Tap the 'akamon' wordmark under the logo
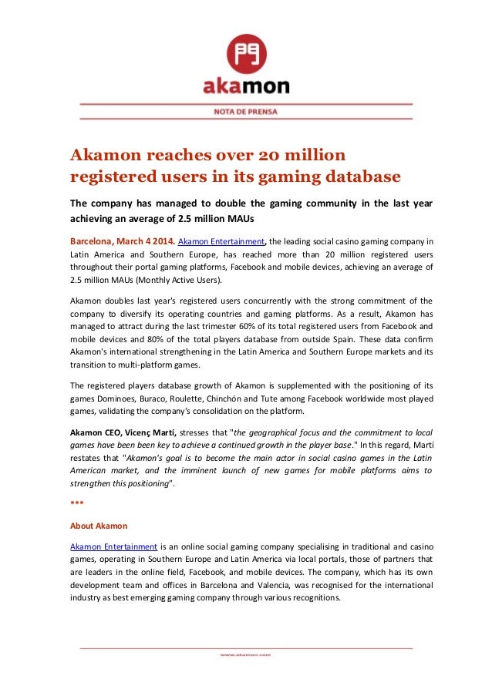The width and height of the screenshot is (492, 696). [245, 85]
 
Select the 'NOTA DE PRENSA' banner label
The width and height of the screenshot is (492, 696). [245, 111]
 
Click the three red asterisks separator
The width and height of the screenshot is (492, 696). [76, 502]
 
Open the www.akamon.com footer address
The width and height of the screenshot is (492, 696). [245, 654]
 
